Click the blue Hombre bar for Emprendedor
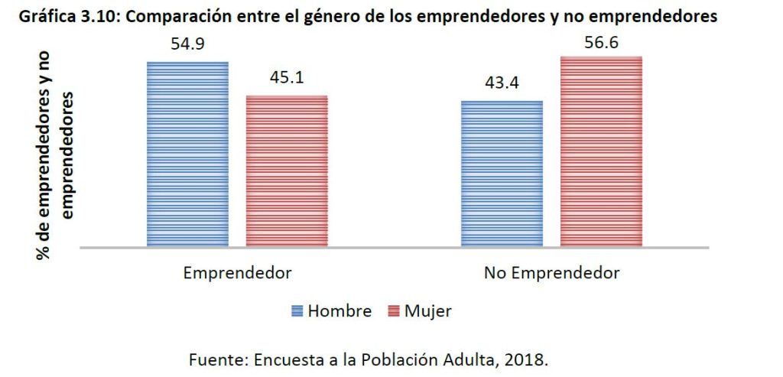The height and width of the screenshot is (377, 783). point(187,154)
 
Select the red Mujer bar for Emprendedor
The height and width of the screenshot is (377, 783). point(287,171)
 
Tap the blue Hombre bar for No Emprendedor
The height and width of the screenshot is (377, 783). point(502,174)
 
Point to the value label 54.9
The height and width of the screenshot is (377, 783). point(188,44)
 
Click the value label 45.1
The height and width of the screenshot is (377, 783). point(287,79)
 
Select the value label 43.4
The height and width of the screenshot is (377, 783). point(502,83)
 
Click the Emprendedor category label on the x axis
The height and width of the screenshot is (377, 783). point(237,273)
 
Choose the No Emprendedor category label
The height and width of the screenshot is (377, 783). point(551,273)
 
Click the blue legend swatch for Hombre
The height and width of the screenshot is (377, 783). point(297,311)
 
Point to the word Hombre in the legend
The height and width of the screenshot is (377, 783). point(340,311)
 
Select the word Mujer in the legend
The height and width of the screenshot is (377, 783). point(428,311)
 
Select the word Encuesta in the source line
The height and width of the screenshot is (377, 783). point(281,358)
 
